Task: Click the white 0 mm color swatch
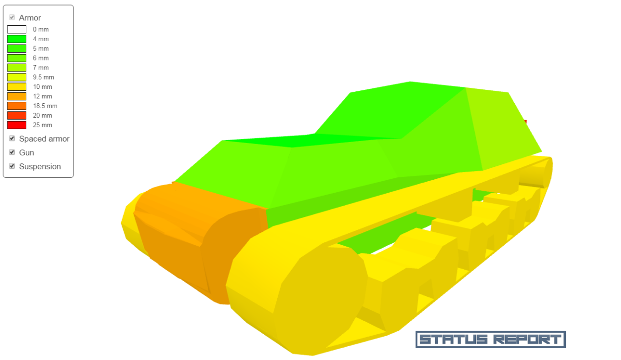click(x=16, y=29)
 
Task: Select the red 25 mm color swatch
click(x=16, y=125)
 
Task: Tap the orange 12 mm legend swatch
click(x=16, y=96)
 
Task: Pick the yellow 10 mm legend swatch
click(x=16, y=87)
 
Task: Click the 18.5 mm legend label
click(x=45, y=106)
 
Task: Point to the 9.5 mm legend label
click(x=44, y=77)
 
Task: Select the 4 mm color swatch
click(x=16, y=39)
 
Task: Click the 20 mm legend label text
click(x=42, y=115)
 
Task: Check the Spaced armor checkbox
click(x=12, y=139)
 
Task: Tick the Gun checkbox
click(x=12, y=152)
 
